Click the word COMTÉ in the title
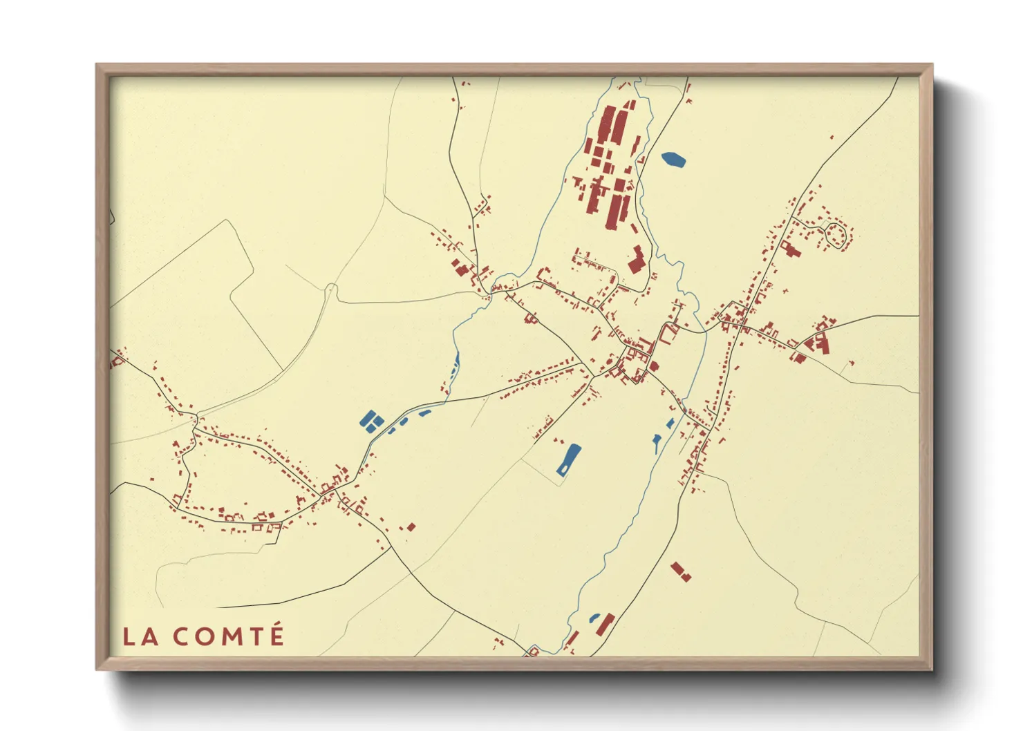pos(228,636)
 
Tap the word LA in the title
pos(140,636)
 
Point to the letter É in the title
pos(276,635)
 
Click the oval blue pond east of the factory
pos(673,160)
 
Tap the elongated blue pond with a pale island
pos(569,459)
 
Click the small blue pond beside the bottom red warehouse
pos(594,617)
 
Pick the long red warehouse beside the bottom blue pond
pos(606,624)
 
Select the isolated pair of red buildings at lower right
pos(680,571)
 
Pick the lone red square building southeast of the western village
pos(411,527)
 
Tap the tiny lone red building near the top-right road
pos(832,137)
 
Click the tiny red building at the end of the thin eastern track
pos(851,363)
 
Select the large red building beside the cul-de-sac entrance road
pos(789,248)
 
